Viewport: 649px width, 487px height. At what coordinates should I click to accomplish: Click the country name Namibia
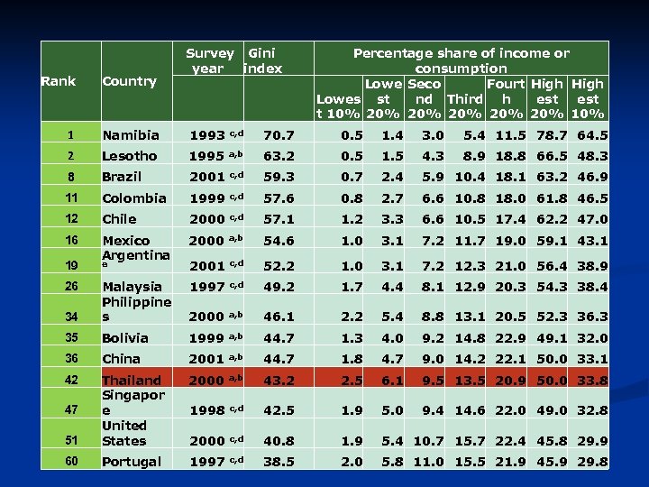point(131,135)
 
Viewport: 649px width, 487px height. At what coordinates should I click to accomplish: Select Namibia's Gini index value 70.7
point(278,135)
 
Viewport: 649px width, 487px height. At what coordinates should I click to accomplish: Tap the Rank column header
point(59,81)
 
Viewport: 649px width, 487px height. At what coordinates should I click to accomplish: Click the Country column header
point(130,81)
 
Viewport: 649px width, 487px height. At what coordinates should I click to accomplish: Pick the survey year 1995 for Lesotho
point(206,156)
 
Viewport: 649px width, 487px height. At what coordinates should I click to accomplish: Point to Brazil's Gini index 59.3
point(278,177)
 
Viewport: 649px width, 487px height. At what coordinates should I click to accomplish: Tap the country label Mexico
point(126,240)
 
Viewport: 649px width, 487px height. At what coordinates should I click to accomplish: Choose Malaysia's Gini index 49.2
point(278,286)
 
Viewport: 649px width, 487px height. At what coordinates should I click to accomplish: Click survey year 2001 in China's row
point(206,359)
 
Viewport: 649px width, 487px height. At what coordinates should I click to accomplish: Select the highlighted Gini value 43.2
point(278,381)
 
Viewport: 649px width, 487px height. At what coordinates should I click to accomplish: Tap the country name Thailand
point(132,381)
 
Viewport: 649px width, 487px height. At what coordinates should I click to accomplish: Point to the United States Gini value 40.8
point(278,441)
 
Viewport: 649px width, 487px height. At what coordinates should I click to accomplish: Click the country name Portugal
point(132,462)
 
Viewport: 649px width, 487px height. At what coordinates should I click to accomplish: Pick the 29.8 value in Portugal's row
point(591,462)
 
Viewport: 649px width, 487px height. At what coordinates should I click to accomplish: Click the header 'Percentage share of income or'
point(461,53)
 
